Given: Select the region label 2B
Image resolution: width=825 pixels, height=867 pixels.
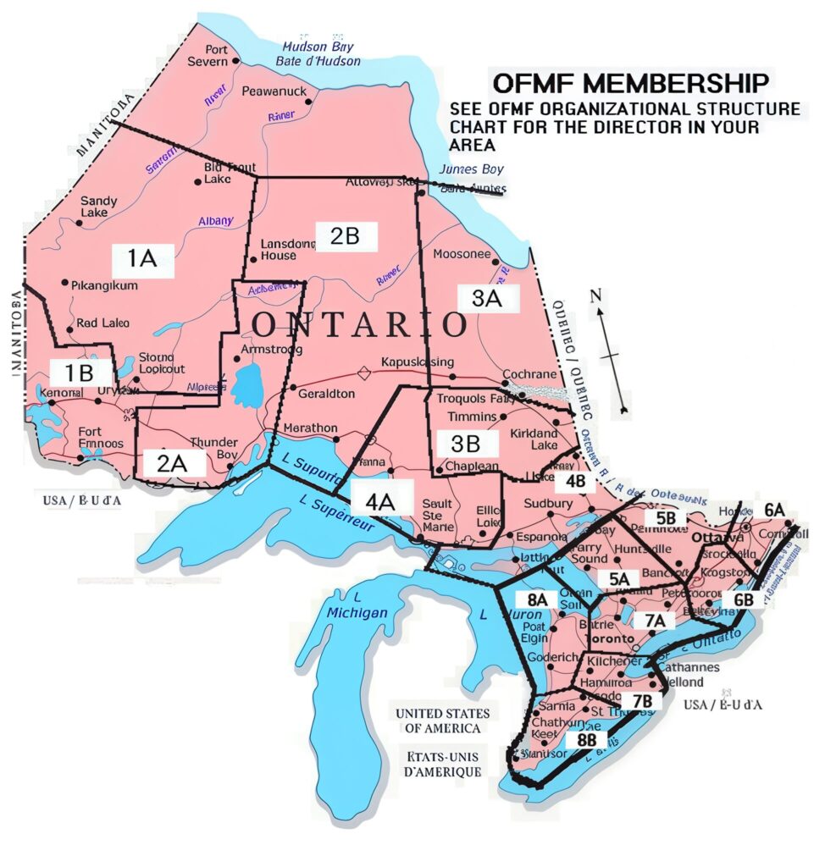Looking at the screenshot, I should (x=345, y=236).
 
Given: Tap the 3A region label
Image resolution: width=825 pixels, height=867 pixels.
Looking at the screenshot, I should (x=487, y=298).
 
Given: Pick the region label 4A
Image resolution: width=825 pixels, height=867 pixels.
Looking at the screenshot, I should (x=380, y=501).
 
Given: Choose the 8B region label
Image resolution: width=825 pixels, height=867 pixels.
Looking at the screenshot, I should (x=587, y=739).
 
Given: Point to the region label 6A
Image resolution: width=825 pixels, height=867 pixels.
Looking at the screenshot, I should (x=774, y=509).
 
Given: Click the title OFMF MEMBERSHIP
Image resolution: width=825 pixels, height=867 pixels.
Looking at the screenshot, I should (x=631, y=84).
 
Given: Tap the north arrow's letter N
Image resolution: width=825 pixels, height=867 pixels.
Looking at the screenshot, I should (x=596, y=295).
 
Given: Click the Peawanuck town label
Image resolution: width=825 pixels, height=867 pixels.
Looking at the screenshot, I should (x=274, y=91).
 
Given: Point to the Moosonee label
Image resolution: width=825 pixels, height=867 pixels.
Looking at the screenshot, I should (x=462, y=254).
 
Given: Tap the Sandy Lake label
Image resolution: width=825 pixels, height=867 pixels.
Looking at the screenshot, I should (x=99, y=207).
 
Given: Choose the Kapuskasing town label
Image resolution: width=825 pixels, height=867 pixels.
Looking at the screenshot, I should (x=413, y=361).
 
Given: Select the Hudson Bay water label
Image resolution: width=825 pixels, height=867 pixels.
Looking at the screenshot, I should (x=321, y=53).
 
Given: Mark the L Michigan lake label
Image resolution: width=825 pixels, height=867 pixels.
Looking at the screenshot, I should (x=357, y=606).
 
